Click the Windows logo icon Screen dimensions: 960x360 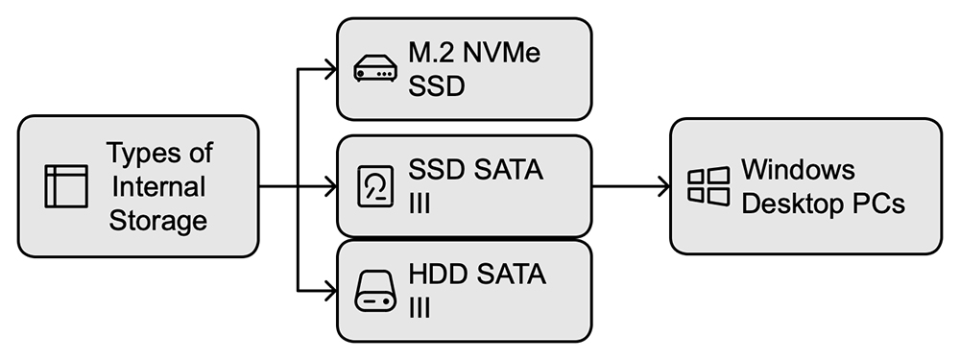tap(708, 186)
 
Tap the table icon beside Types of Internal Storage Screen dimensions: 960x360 tap(66, 186)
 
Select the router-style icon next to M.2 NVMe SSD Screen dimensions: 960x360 tap(375, 68)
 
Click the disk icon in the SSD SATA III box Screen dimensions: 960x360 tap(375, 186)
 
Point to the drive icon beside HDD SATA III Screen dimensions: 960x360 tap(375, 291)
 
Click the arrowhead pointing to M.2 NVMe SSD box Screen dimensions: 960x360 tap(330, 69)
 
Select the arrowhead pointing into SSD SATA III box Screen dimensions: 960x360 tap(330, 186)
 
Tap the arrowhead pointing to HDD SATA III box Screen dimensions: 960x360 tap(330, 291)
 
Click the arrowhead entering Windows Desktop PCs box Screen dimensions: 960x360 tap(663, 186)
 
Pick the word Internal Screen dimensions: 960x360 tap(159, 187)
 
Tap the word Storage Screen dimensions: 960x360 tap(158, 221)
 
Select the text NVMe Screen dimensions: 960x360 tap(501, 53)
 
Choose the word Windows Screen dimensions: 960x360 tap(799, 169)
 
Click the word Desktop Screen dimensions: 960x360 tap(788, 204)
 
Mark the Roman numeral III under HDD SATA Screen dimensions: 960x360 tap(420, 308)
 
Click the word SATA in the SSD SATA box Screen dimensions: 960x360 tap(509, 170)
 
